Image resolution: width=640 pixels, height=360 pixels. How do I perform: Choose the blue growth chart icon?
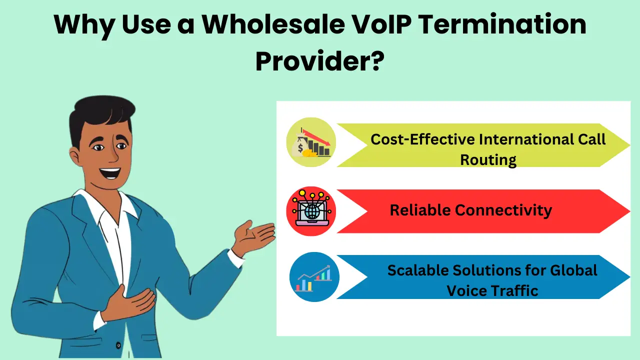(x=314, y=277)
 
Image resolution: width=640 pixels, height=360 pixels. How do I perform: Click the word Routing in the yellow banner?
(x=488, y=160)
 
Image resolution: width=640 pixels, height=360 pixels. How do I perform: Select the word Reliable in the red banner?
(x=419, y=210)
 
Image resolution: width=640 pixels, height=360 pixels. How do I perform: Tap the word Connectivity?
(x=503, y=210)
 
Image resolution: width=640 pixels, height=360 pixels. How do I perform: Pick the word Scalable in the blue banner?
(x=418, y=270)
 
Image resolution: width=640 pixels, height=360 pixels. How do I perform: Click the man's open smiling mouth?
(x=110, y=173)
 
